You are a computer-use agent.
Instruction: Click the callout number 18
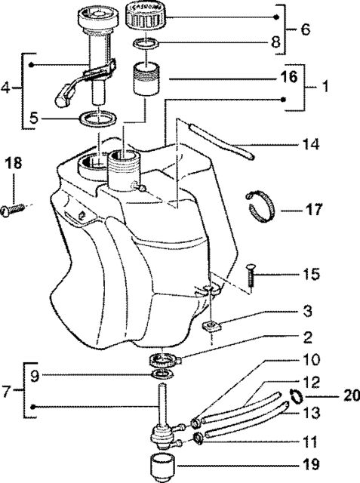14,163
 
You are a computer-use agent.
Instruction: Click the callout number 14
310,144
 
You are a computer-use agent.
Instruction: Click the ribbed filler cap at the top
146,15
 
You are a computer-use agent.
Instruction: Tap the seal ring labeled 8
146,44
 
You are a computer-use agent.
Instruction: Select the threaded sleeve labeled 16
146,78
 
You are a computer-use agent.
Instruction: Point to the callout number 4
5,88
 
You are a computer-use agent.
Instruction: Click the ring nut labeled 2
165,360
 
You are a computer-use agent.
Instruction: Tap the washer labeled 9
163,374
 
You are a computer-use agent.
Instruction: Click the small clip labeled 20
297,395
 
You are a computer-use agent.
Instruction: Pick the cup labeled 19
162,466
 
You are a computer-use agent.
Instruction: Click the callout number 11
309,442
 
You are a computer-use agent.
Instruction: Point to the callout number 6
305,29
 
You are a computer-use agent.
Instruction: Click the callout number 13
312,413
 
